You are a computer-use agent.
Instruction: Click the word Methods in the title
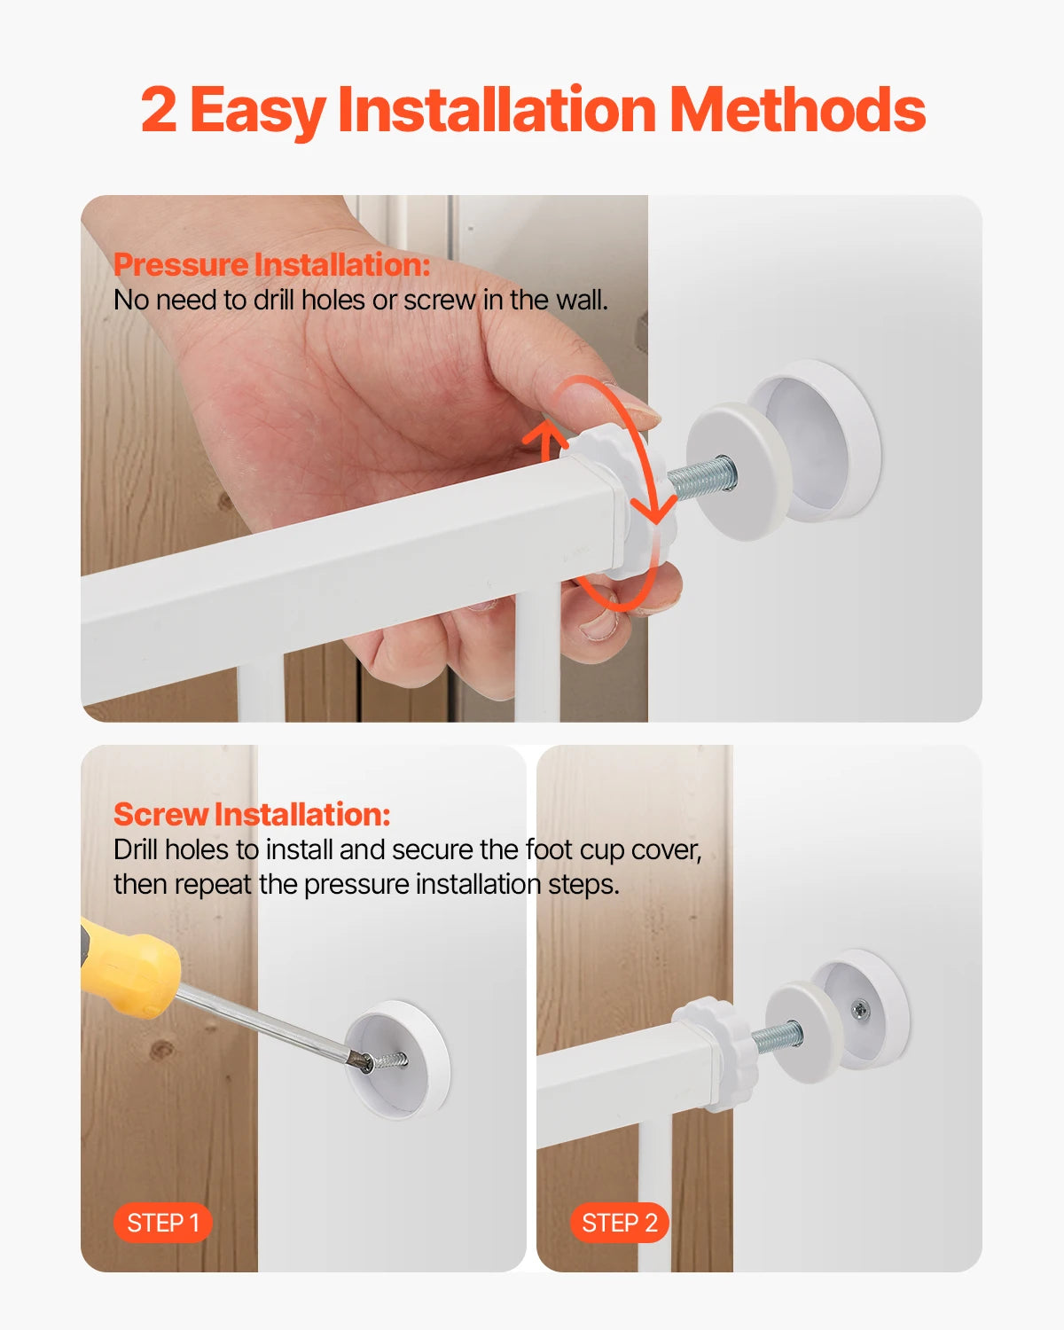coord(797,110)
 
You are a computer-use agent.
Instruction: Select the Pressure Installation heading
coord(271,264)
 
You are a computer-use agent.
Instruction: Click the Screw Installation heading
coord(252,814)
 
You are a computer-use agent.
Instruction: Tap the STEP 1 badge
coord(163,1223)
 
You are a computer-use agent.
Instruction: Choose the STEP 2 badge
coord(619,1223)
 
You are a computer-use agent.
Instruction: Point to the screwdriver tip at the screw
coord(364,1060)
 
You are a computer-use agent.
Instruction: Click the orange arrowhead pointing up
coord(544,435)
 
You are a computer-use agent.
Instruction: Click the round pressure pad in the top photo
coord(736,470)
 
